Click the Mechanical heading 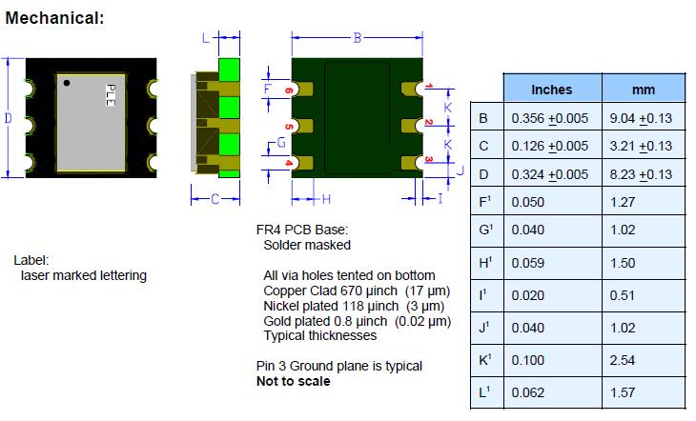point(55,17)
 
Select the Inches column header point(551,90)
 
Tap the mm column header point(645,90)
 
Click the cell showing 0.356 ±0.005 point(550,118)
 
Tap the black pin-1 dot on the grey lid point(67,84)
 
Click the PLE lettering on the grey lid point(110,94)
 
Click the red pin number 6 point(288,90)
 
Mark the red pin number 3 point(429,160)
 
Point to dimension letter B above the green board point(358,38)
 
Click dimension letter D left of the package point(9,118)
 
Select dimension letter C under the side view point(216,199)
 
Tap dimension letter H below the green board point(326,199)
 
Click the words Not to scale point(293,381)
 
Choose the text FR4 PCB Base point(297,230)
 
